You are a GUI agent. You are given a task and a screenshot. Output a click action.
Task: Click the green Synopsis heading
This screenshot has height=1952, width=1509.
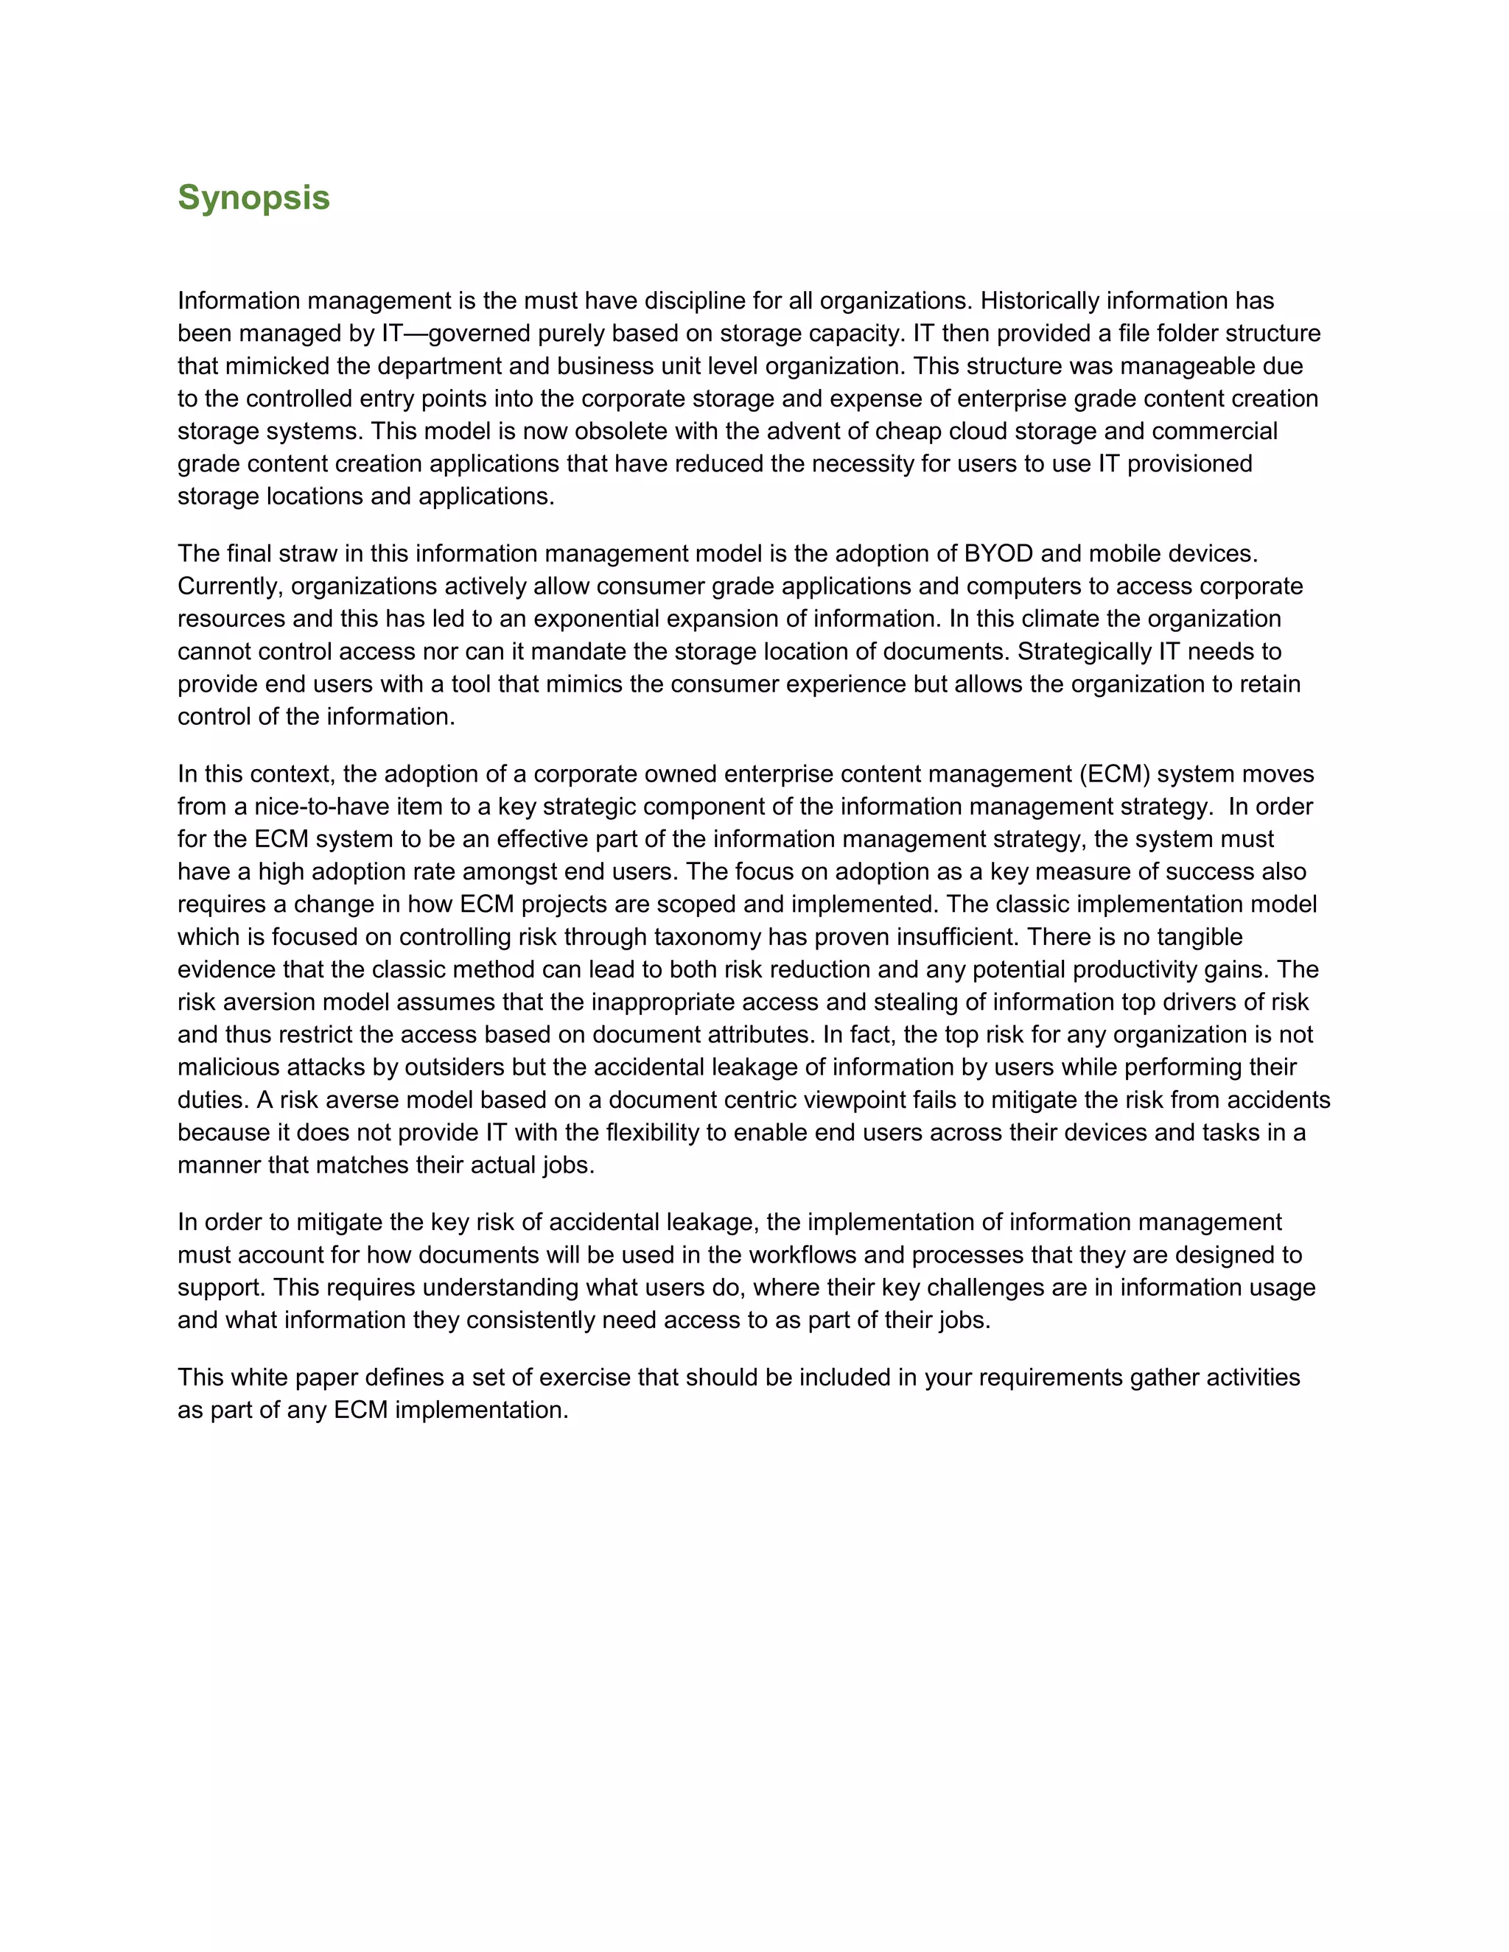click(254, 197)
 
